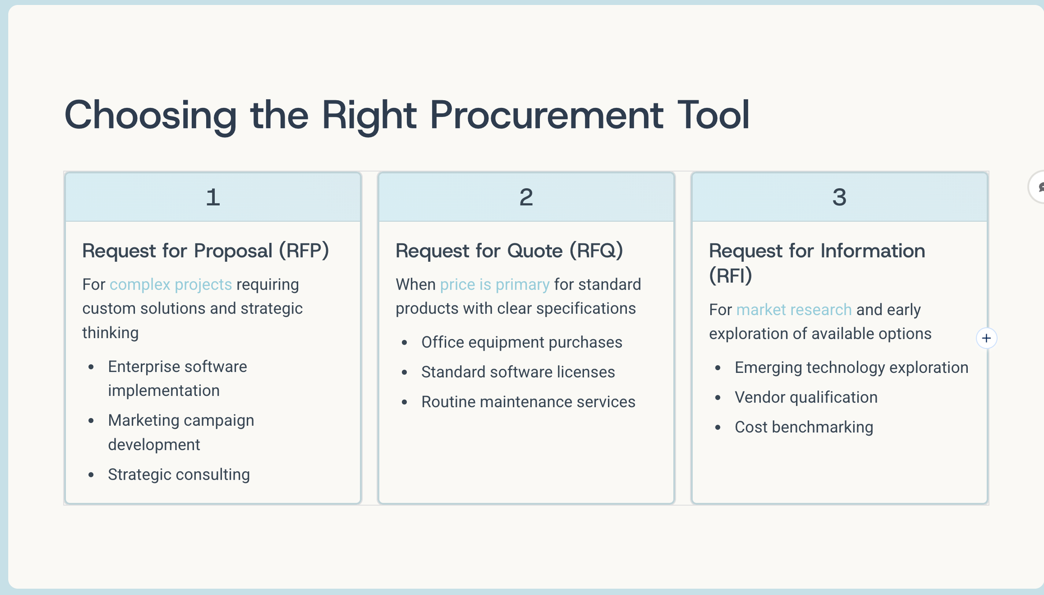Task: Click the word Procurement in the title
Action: [546, 115]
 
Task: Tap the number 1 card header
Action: [213, 197]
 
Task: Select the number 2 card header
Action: [526, 197]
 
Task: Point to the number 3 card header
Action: [839, 197]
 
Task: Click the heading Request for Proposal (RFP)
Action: [206, 251]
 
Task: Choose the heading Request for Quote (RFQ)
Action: [509, 251]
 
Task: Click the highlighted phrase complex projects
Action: [170, 285]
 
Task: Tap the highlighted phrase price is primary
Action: [494, 285]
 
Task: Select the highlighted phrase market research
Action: [793, 310]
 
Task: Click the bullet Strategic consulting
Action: [178, 475]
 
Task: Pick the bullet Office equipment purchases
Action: [521, 342]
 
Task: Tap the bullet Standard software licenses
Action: [518, 372]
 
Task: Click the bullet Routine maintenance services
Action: [527, 402]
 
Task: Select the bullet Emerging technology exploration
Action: [851, 368]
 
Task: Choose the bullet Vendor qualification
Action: [805, 398]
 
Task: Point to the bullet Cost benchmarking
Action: [803, 427]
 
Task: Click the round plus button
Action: [986, 339]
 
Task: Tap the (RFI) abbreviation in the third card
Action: [730, 276]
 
